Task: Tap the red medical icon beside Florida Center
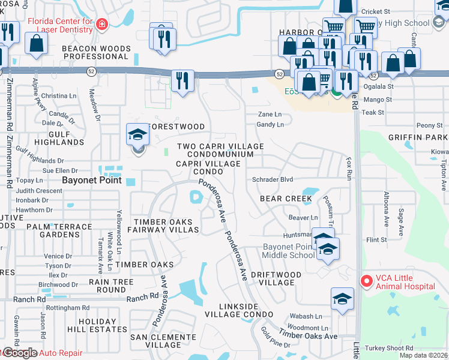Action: pyautogui.click(x=102, y=23)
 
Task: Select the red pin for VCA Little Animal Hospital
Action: pyautogui.click(x=365, y=280)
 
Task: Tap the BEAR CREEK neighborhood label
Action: pyautogui.click(x=286, y=199)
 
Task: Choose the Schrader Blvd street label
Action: pyautogui.click(x=272, y=179)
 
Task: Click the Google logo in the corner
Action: pyautogui.click(x=19, y=353)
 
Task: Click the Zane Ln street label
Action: pyautogui.click(x=270, y=114)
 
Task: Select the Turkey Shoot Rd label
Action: pyautogui.click(x=391, y=348)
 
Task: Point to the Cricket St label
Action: pyautogui.click(x=376, y=11)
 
